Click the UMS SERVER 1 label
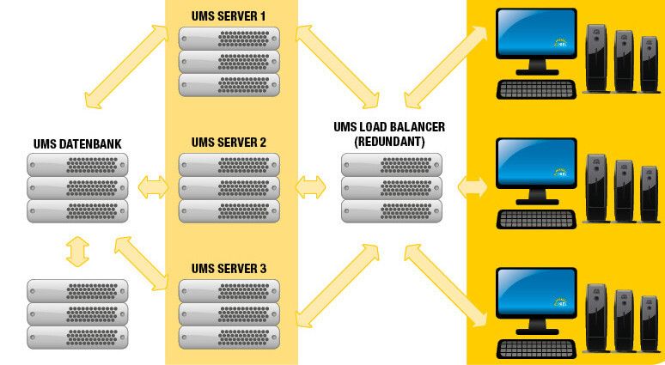pos(229,17)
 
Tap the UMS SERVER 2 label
pos(229,142)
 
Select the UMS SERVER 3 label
pos(229,269)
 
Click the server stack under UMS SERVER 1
pos(229,61)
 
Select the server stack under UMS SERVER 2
pos(229,188)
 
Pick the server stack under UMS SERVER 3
pos(229,313)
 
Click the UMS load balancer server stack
pos(391,188)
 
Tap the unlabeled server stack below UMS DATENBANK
pos(77,313)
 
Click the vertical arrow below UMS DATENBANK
pos(77,252)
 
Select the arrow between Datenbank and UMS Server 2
pos(153,186)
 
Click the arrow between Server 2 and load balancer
pos(310,186)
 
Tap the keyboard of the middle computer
pos(535,218)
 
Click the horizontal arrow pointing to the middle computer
pos(473,186)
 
